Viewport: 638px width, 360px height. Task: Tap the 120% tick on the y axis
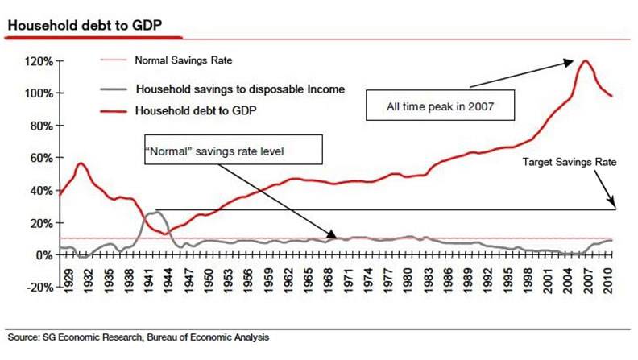pyautogui.click(x=40, y=61)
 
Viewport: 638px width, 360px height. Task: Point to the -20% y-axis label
pyautogui.click(x=39, y=288)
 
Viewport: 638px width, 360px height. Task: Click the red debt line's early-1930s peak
pyautogui.click(x=81, y=163)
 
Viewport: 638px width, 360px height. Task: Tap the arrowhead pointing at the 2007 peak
pyautogui.click(x=573, y=60)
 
